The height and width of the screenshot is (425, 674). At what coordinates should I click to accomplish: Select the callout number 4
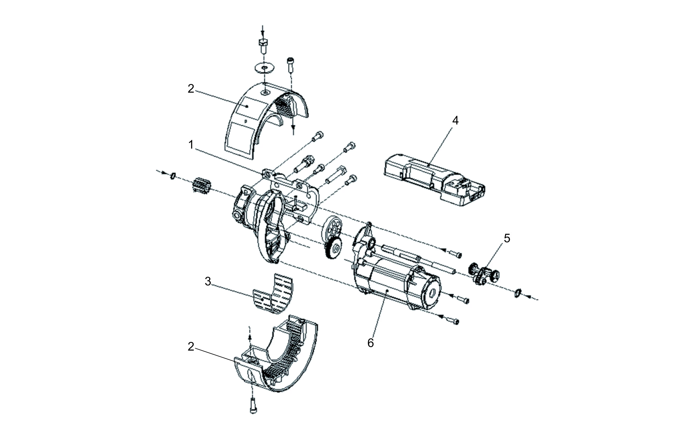(455, 121)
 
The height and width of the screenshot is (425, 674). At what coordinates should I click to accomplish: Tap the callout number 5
(507, 238)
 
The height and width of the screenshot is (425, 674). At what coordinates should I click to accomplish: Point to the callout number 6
(371, 343)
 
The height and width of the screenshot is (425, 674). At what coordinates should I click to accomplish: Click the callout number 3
(208, 282)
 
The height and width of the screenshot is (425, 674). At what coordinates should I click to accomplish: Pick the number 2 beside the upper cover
(191, 89)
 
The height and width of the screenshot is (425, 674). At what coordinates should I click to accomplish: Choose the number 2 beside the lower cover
(191, 347)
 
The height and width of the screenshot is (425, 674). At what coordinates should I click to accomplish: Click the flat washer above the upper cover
(264, 67)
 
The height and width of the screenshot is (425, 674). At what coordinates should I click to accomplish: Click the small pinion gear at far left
(201, 185)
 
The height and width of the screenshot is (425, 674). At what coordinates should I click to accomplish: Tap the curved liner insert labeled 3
(273, 295)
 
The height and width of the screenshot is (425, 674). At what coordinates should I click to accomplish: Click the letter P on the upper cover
(246, 121)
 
